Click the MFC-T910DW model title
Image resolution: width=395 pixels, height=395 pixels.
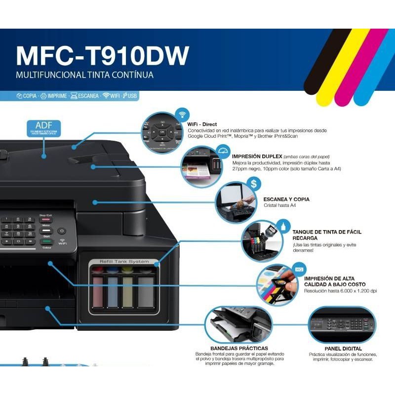102,56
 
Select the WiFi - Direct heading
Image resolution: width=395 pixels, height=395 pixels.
202,124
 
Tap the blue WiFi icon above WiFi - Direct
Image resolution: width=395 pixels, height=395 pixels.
182,114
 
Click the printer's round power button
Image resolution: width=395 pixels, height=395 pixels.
62,231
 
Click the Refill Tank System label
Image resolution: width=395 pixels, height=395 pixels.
124,261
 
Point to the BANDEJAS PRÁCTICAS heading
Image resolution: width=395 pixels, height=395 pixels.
239,349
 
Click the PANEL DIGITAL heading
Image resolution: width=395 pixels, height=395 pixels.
343,349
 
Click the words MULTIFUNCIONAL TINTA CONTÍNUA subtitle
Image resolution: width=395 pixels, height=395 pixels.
84,76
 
